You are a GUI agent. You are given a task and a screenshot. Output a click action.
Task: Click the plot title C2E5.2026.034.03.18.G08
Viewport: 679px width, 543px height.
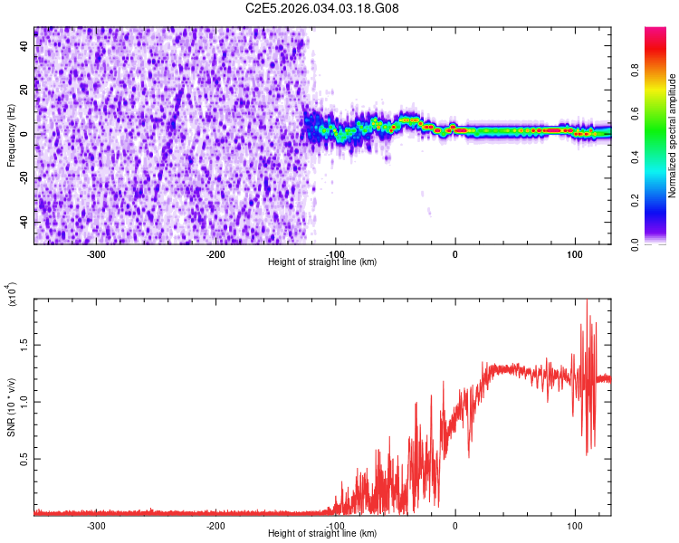click(x=322, y=8)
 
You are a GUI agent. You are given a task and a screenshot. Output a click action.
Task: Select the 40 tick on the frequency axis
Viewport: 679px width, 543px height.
click(x=24, y=49)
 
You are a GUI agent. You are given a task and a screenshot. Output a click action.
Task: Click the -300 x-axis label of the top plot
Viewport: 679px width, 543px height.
click(x=96, y=253)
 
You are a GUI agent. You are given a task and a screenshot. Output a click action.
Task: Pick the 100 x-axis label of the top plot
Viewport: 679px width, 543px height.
click(x=574, y=253)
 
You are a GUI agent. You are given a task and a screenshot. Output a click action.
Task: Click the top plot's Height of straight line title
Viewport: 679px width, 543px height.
click(x=322, y=262)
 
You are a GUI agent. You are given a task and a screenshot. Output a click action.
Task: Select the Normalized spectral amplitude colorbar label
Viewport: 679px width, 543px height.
click(x=673, y=136)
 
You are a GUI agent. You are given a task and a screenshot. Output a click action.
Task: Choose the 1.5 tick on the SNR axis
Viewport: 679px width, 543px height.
click(x=24, y=345)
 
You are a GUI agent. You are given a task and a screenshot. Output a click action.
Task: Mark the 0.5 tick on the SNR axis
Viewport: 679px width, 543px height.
click(x=24, y=459)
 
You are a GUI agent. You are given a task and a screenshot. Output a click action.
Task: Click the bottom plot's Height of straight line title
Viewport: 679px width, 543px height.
click(x=322, y=534)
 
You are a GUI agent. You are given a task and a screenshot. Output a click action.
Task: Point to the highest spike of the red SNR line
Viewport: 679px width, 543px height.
click(x=588, y=302)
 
